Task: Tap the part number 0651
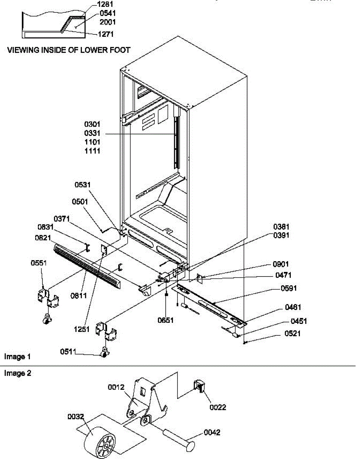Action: (166, 320)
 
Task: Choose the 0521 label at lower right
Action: (293, 334)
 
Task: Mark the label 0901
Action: (281, 264)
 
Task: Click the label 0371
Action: (62, 219)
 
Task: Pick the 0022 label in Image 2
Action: (218, 407)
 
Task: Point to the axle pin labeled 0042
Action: (180, 439)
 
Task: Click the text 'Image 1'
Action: (18, 356)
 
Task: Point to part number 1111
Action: (92, 151)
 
